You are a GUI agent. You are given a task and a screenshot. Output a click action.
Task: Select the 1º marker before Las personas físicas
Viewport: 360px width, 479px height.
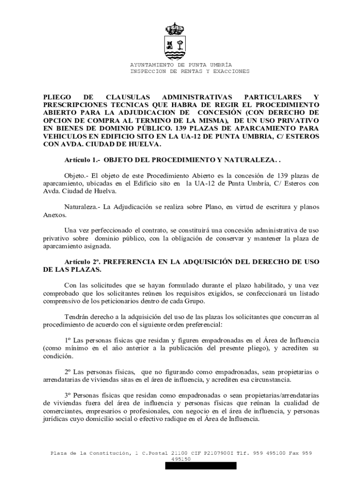pos(68,340)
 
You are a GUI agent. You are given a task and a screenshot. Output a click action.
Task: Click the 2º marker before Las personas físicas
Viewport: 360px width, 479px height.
pos(68,372)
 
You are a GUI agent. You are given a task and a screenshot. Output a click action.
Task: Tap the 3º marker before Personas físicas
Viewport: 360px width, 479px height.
pos(68,395)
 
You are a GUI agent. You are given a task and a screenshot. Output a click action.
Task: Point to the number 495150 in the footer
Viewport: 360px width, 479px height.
pos(181,459)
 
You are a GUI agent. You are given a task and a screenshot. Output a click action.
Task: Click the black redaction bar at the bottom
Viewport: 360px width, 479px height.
pos(201,465)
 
